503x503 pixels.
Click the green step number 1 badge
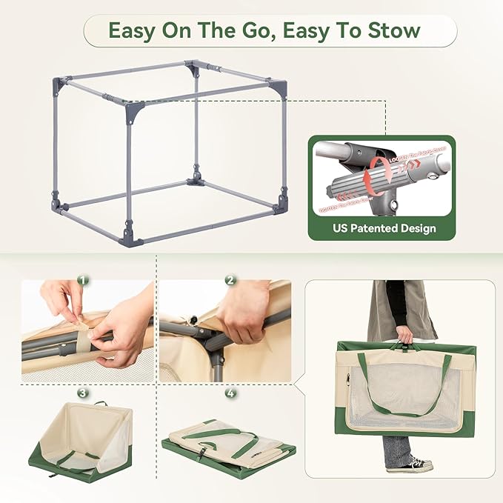pos(83,281)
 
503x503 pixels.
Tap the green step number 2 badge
pos(230,281)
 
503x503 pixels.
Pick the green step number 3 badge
pos(83,393)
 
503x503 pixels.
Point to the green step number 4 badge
pos(230,393)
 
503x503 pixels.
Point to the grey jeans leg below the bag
pos(396,447)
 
